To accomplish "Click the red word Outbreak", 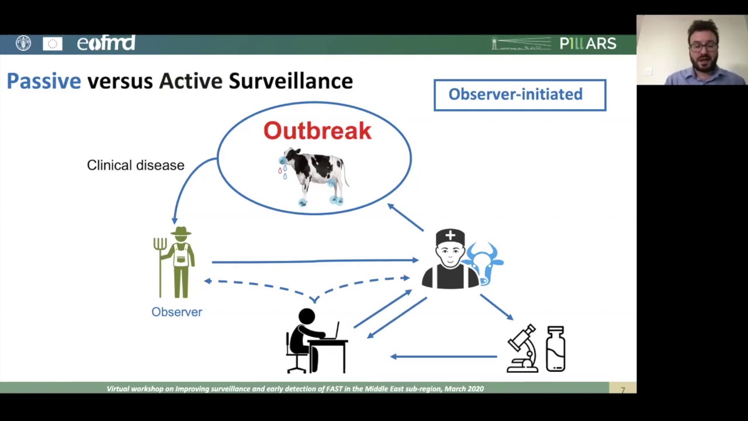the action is pos(317,131).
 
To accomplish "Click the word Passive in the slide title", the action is pos(44,81).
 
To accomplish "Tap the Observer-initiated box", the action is pos(520,95).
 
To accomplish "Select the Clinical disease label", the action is pos(136,165).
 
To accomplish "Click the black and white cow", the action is pos(314,175).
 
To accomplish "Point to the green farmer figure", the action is pos(181,263).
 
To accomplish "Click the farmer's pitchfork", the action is pos(160,263).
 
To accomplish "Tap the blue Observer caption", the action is pos(176,312).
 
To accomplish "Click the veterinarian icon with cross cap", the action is pos(450,260).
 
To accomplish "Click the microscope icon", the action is pos(522,349).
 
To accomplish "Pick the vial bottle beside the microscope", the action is pos(555,349).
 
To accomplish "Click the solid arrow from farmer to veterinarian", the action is pos(316,261).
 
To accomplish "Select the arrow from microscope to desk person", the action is pos(444,356).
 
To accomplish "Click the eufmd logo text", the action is pos(106,44).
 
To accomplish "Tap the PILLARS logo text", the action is pos(587,44).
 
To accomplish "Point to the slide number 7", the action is pos(623,389).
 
